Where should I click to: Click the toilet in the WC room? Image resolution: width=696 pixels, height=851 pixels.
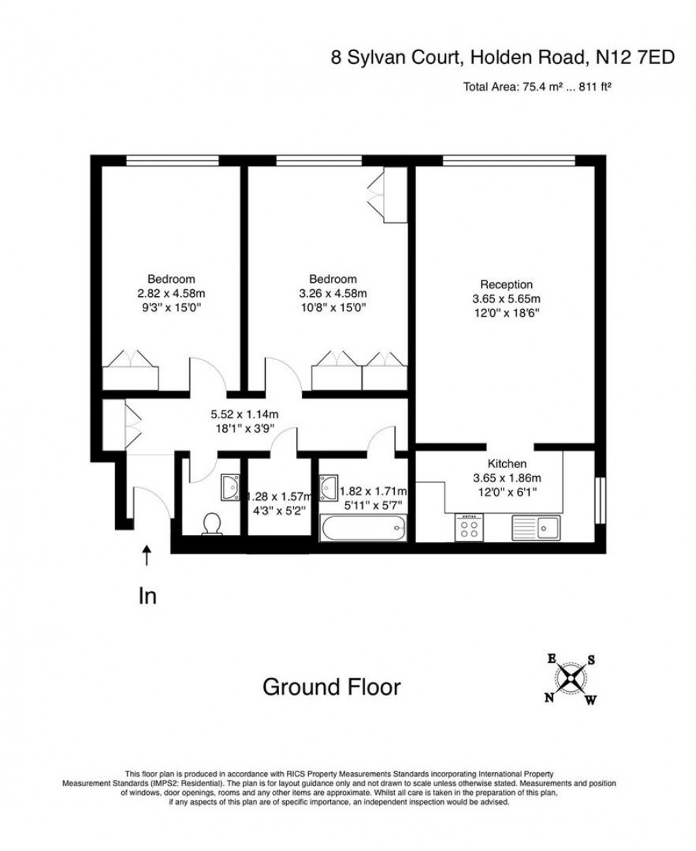pos(212,524)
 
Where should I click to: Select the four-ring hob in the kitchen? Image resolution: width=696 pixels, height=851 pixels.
pos(469,527)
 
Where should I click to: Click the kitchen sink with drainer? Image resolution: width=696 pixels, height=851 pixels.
pos(536,527)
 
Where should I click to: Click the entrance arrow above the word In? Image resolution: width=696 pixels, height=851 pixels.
pos(147,555)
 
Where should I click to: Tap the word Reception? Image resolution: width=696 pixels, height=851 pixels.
pos(506,285)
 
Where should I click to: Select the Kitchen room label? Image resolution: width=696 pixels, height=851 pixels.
pos(506,464)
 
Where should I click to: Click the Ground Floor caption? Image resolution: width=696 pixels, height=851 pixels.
pos(332,687)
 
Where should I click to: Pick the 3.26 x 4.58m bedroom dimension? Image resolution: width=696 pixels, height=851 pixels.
pos(333,293)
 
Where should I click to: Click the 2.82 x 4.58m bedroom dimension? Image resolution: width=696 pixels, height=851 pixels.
pos(171,293)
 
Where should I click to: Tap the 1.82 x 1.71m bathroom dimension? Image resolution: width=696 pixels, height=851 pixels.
pos(373,491)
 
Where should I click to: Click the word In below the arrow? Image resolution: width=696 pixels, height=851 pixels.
pos(147,597)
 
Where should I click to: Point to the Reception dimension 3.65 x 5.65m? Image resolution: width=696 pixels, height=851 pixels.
pos(506,299)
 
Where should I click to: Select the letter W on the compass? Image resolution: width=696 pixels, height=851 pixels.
pos(590,701)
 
